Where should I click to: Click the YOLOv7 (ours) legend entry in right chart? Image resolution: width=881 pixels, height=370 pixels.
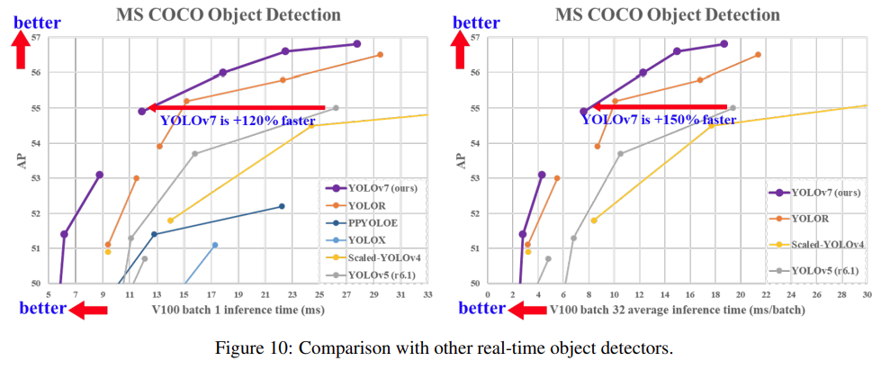pyautogui.click(x=825, y=193)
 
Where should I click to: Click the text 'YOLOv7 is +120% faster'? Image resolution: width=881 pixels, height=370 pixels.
pyautogui.click(x=237, y=121)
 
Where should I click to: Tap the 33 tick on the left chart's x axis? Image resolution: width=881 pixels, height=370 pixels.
pyautogui.click(x=427, y=294)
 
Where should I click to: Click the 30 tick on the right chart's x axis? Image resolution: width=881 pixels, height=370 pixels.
pyautogui.click(x=867, y=294)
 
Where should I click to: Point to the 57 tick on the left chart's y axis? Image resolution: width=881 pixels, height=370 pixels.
pyautogui.click(x=36, y=37)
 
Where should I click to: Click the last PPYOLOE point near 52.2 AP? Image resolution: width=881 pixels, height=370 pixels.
pyautogui.click(x=282, y=206)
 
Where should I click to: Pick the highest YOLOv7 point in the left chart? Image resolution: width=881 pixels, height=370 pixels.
pyautogui.click(x=357, y=43)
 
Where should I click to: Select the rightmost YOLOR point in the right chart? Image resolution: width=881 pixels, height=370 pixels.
pyautogui.click(x=758, y=55)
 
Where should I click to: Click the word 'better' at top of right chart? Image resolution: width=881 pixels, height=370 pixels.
pyautogui.click(x=475, y=23)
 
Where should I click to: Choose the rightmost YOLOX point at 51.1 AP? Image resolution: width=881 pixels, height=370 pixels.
pyautogui.click(x=214, y=245)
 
